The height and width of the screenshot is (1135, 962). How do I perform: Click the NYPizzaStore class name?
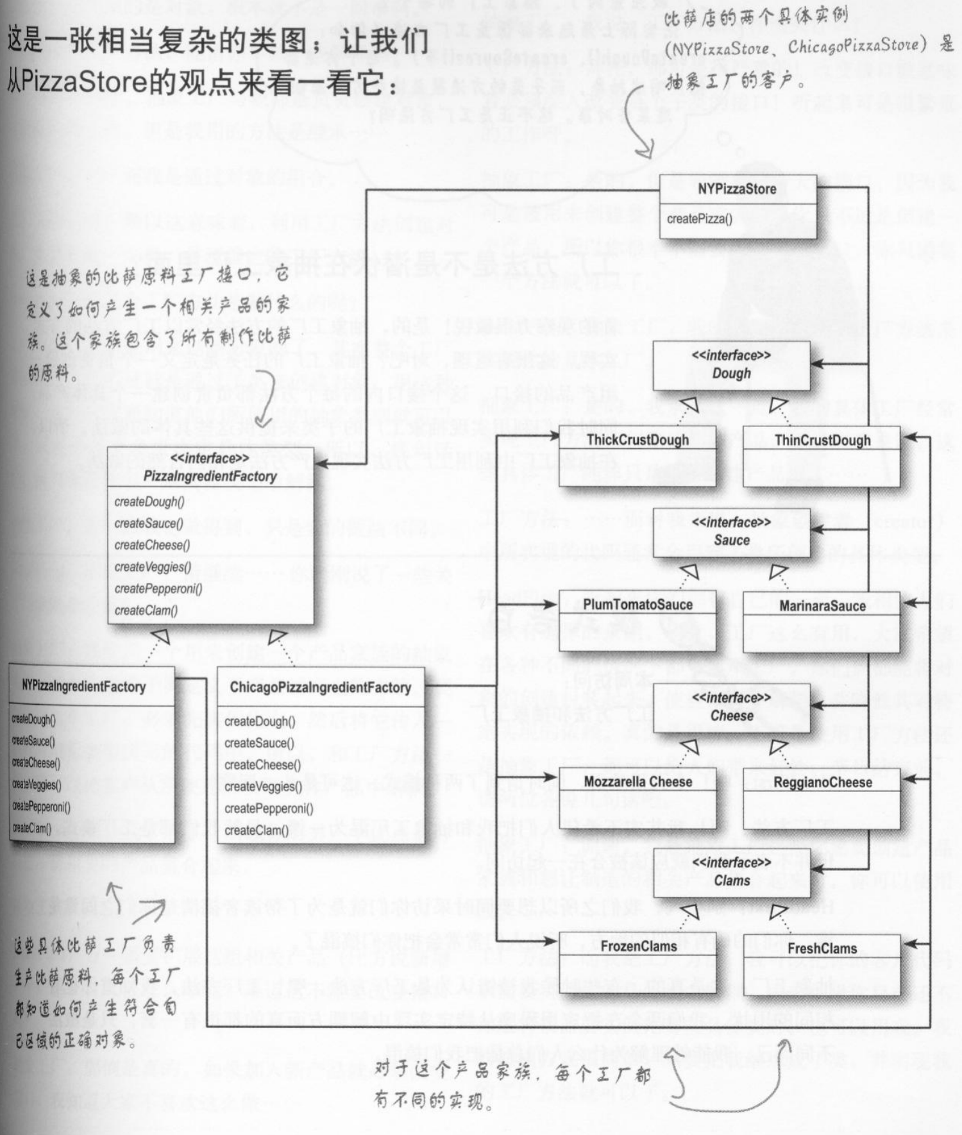(x=737, y=189)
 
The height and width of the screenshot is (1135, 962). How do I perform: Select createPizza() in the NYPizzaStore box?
(x=699, y=219)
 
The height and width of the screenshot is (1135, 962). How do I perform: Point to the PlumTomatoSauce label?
(x=637, y=605)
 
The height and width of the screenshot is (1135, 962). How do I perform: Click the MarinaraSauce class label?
(x=822, y=606)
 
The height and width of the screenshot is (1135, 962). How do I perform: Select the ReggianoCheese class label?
(x=822, y=782)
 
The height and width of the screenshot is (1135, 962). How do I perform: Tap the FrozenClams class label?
(x=638, y=946)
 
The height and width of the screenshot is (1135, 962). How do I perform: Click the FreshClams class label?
(x=822, y=948)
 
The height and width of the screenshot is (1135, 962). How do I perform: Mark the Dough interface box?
(x=731, y=365)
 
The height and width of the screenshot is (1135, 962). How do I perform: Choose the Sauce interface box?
(x=731, y=532)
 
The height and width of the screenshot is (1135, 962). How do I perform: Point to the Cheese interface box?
(x=731, y=707)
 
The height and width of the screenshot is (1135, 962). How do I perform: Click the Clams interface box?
(x=731, y=871)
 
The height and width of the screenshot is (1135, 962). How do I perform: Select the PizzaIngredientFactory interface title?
(x=210, y=476)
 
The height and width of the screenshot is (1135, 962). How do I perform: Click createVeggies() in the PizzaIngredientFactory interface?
(x=153, y=567)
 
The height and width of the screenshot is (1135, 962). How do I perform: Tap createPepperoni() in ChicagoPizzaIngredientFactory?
(x=269, y=809)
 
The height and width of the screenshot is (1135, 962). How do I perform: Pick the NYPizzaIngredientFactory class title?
(x=83, y=686)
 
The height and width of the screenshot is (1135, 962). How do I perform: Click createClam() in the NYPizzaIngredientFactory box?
(x=31, y=828)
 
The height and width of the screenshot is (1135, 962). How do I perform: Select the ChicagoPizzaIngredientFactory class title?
(x=320, y=687)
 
